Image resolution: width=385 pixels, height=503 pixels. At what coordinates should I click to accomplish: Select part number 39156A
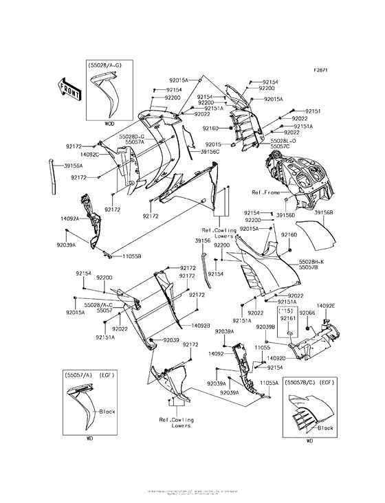tap(74, 166)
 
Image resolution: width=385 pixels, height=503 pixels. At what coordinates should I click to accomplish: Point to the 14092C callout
tap(88, 155)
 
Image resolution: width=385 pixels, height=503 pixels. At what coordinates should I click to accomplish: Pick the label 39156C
tap(210, 151)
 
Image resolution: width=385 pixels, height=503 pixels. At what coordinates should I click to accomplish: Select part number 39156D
tap(285, 215)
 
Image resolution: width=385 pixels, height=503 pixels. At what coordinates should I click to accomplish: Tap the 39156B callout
tap(323, 213)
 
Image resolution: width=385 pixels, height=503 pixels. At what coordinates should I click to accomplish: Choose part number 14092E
tap(326, 305)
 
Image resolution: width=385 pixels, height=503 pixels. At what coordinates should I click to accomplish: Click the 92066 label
tap(307, 313)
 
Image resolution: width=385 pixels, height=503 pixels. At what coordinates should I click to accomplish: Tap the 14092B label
tap(201, 325)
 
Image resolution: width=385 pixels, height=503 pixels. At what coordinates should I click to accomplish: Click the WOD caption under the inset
tap(109, 124)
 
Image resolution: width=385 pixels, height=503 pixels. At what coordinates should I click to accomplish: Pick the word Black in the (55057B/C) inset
tap(326, 427)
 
